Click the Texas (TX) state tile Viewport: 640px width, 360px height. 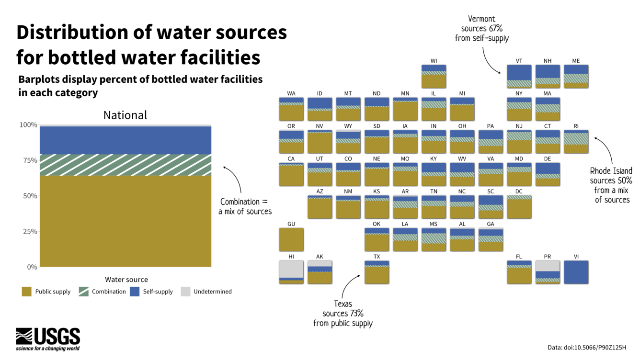377,272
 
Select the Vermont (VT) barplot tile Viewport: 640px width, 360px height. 519,77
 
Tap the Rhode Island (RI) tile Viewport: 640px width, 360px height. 576,142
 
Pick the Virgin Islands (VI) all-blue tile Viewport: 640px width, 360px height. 576,272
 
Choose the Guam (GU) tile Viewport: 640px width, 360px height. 291,239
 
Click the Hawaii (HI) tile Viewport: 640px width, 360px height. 291,272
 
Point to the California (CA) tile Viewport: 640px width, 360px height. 291,174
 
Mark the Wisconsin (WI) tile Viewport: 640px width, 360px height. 434,77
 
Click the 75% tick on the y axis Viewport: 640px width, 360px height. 28,160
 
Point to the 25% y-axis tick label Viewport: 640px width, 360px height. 28,231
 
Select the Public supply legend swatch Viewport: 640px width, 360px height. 27,292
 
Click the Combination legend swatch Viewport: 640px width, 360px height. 83,292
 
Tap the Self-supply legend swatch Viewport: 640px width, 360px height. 135,292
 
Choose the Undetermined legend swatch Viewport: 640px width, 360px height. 185,292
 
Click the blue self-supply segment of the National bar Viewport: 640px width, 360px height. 126,140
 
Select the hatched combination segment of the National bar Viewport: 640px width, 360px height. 126,165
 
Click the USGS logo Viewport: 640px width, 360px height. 48,339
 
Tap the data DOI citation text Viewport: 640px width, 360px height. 587,348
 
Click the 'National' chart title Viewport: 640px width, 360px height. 126,115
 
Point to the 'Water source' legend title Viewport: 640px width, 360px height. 126,280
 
